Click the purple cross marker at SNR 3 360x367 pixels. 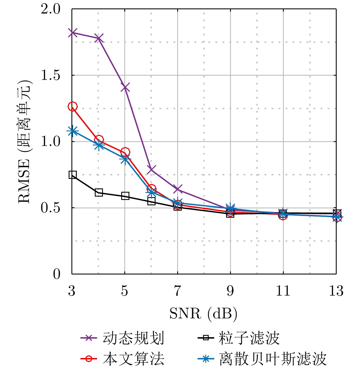72,33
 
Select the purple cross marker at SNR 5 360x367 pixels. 125,87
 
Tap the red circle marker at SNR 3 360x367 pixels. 73,106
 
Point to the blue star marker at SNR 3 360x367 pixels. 73,131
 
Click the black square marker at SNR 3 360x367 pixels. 73,175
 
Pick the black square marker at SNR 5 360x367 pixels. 125,196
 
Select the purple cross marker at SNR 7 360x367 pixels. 178,189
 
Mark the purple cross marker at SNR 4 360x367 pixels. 99,38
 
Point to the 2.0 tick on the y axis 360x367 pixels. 51,9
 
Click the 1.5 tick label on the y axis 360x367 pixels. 51,75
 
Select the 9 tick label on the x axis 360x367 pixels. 230,291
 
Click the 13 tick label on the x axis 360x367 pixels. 336,291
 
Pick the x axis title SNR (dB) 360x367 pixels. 203,313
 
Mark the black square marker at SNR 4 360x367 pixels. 99,193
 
